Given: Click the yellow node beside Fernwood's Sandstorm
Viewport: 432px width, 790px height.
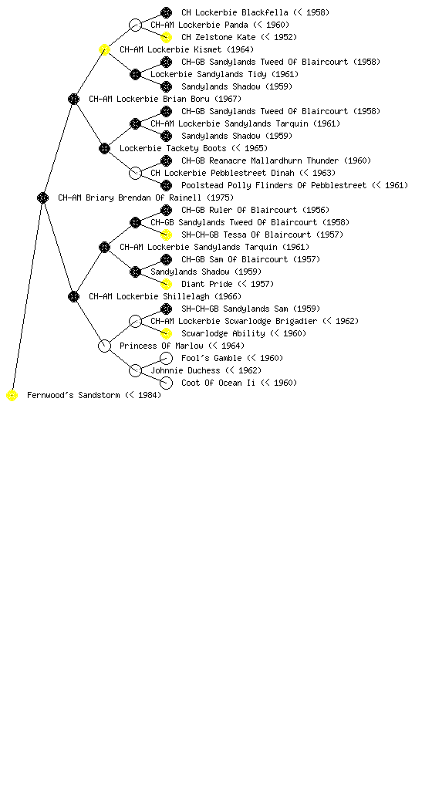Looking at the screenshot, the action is coord(12,396).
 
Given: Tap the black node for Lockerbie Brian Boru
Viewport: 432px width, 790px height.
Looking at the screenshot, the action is coord(73,99).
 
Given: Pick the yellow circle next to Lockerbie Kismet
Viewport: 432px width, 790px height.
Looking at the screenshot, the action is coord(104,49).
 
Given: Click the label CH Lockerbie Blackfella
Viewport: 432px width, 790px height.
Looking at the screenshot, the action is coord(235,12).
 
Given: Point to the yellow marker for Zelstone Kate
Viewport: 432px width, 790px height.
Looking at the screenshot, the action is coord(166,37).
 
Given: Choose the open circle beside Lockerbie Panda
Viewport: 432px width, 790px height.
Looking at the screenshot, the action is coord(135,25).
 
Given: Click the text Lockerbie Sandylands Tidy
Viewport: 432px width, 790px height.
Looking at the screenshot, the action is coord(208,74).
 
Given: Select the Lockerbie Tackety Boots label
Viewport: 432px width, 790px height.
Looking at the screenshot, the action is coord(173,148).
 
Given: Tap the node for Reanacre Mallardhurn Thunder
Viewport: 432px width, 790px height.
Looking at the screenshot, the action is coord(166,160).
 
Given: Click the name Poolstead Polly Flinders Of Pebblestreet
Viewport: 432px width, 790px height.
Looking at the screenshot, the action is coord(274,185).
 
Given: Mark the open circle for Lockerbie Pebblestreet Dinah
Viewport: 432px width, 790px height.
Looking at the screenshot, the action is coord(135,173).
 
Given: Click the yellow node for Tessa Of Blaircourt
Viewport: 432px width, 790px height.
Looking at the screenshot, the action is coord(166,235).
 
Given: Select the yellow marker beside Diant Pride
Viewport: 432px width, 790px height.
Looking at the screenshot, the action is coord(166,284).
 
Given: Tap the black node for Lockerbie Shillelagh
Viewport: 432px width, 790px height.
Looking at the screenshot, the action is coord(73,296).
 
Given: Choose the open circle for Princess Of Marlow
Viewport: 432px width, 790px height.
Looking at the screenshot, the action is coord(104,346).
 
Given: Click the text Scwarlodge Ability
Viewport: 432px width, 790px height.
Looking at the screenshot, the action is coord(223,333).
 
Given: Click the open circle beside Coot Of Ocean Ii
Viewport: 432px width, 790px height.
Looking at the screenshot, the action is coord(166,383).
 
